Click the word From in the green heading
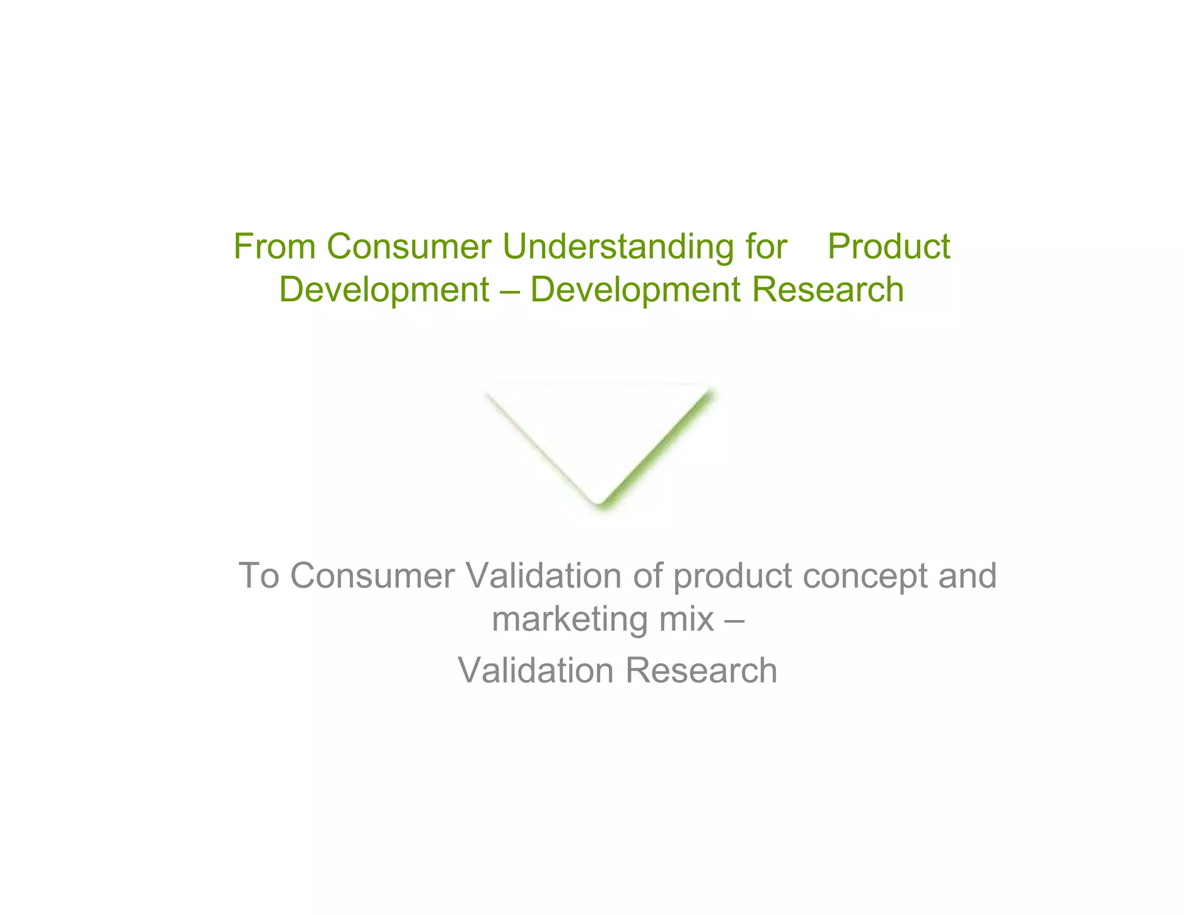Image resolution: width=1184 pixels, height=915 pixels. tap(274, 246)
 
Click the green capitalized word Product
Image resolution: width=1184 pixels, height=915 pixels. tap(889, 246)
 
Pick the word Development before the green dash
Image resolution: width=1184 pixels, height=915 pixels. tap(384, 290)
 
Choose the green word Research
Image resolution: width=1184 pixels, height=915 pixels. tap(827, 289)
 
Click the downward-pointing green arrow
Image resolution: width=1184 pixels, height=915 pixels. tap(599, 445)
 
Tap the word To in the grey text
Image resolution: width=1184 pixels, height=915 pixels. tap(258, 575)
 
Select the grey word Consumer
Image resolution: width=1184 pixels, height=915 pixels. tap(372, 575)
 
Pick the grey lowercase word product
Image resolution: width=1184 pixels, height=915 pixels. tap(732, 577)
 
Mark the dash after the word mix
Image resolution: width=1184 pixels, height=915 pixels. tap(734, 620)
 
